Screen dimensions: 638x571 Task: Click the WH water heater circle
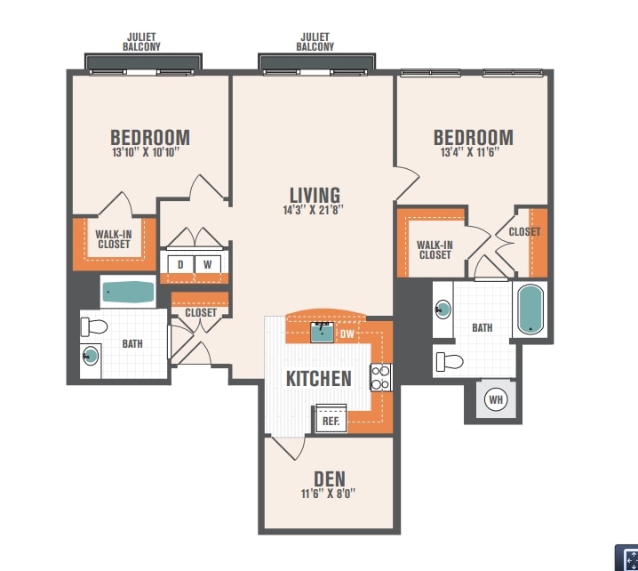(496, 399)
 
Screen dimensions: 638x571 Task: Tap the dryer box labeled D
(180, 264)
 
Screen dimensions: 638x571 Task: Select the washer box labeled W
(208, 264)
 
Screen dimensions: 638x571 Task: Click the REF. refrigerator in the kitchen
(331, 419)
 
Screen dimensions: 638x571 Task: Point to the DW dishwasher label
(347, 334)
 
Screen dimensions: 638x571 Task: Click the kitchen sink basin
(323, 332)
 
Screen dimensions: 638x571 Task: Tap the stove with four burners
(381, 377)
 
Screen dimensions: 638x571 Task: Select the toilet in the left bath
(94, 326)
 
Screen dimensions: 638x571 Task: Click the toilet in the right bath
(450, 362)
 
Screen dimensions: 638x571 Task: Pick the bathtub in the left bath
(128, 292)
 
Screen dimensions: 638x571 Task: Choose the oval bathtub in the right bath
(530, 310)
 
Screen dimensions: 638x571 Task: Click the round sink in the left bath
(91, 356)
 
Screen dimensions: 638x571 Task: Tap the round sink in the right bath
(443, 310)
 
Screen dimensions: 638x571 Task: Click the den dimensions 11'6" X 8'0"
(328, 494)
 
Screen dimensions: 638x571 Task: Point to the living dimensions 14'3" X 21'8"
(313, 210)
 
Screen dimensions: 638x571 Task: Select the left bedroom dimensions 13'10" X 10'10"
(146, 152)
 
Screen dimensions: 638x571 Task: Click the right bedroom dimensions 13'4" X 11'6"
(470, 152)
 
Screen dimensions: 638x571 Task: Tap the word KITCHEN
(319, 379)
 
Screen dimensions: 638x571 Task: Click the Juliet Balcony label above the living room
(315, 42)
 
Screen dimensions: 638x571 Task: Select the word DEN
(330, 479)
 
